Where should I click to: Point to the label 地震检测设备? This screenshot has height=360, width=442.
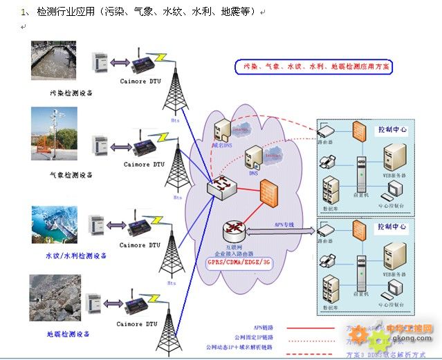pos(70,334)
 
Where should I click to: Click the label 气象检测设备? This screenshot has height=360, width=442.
pos(71,175)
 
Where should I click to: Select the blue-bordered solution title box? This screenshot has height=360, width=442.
pos(312,67)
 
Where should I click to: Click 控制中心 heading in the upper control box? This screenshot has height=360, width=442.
pos(392,129)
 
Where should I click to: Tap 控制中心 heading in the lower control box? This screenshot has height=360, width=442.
pos(392,227)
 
